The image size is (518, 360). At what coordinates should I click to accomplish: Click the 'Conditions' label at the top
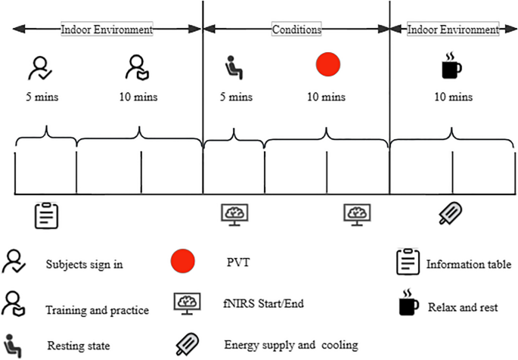pyautogui.click(x=296, y=29)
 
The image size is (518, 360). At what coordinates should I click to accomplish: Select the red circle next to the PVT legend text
pyautogui.click(x=182, y=263)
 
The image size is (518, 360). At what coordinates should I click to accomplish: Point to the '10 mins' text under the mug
pyautogui.click(x=454, y=98)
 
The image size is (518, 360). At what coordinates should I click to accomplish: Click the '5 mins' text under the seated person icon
pyautogui.click(x=236, y=98)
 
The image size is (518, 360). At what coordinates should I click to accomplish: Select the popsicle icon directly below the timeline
pyautogui.click(x=452, y=215)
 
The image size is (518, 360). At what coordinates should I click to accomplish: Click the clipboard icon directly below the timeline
pyautogui.click(x=47, y=216)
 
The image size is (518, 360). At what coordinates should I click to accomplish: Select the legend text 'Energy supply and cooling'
pyautogui.click(x=290, y=346)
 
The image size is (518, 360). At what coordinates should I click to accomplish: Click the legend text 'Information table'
pyautogui.click(x=469, y=264)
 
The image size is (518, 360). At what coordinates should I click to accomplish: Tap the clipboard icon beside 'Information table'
pyautogui.click(x=408, y=263)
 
